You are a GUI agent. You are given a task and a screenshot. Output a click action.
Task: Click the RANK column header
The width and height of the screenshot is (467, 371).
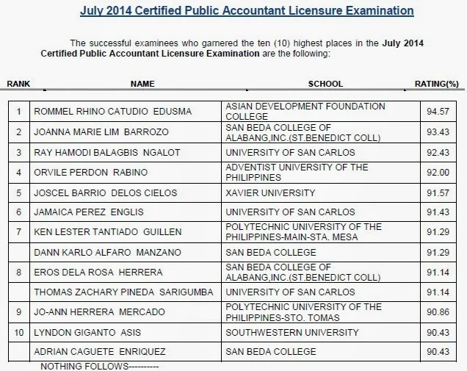(18, 84)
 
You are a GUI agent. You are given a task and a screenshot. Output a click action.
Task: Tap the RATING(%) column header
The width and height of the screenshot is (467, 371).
(437, 84)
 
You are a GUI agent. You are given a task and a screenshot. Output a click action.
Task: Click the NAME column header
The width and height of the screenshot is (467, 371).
(142, 84)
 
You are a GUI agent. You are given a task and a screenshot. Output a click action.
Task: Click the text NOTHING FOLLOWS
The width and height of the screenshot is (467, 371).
(99, 365)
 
